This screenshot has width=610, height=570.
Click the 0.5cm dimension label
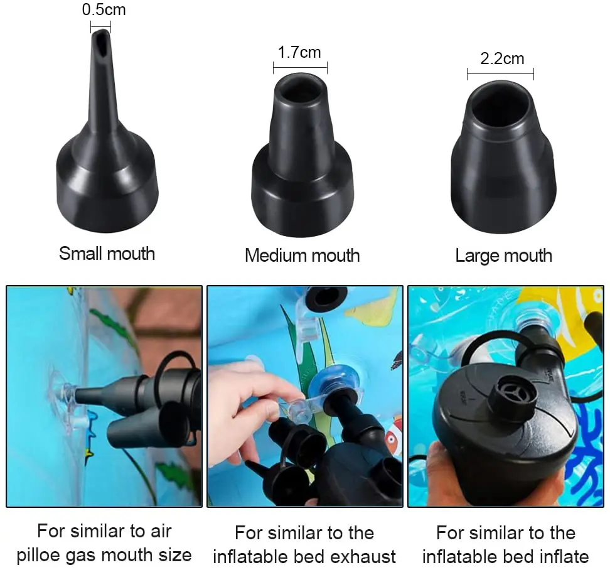tap(104, 11)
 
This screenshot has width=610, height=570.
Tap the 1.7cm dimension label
tap(300, 52)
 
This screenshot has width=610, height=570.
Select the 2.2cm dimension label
tap(502, 60)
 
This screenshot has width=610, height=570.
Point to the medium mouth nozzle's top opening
tap(300, 90)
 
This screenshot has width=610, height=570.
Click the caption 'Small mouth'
tap(107, 254)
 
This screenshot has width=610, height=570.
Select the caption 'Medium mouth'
tap(302, 255)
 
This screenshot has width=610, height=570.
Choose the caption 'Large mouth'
tap(503, 255)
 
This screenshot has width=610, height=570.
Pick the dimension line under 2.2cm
tap(500, 74)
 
